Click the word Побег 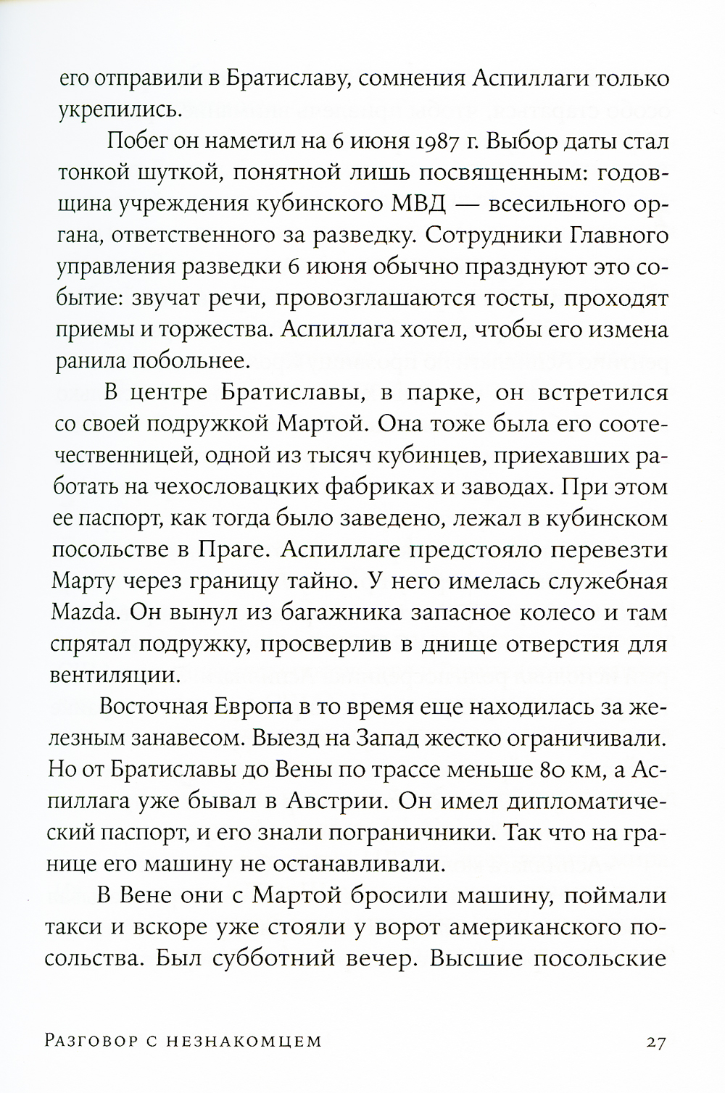coord(145,141)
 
